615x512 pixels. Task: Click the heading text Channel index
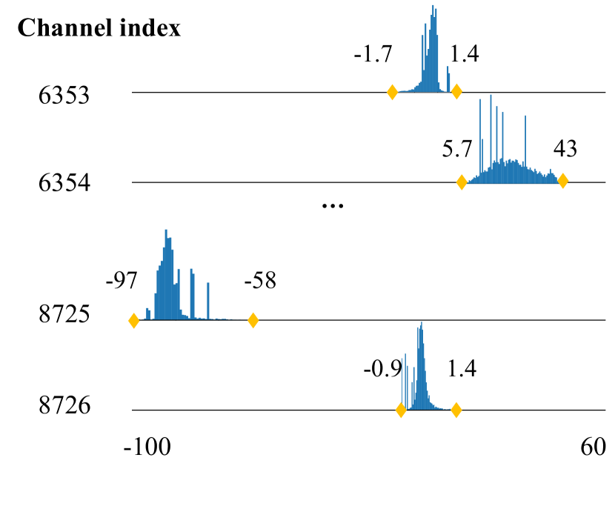tap(99, 28)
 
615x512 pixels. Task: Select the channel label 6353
tap(64, 95)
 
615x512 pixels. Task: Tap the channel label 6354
tap(64, 183)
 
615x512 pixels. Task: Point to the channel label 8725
tap(64, 316)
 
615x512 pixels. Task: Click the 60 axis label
tap(592, 448)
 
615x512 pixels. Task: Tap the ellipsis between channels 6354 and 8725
tap(333, 206)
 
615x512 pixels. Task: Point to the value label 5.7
tap(456, 150)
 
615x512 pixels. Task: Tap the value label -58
tap(259, 282)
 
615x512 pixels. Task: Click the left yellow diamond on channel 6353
tap(392, 92)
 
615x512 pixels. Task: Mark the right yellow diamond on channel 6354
tap(563, 181)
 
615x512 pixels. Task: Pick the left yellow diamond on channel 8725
tap(134, 321)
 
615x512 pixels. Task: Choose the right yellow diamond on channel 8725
tap(253, 321)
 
